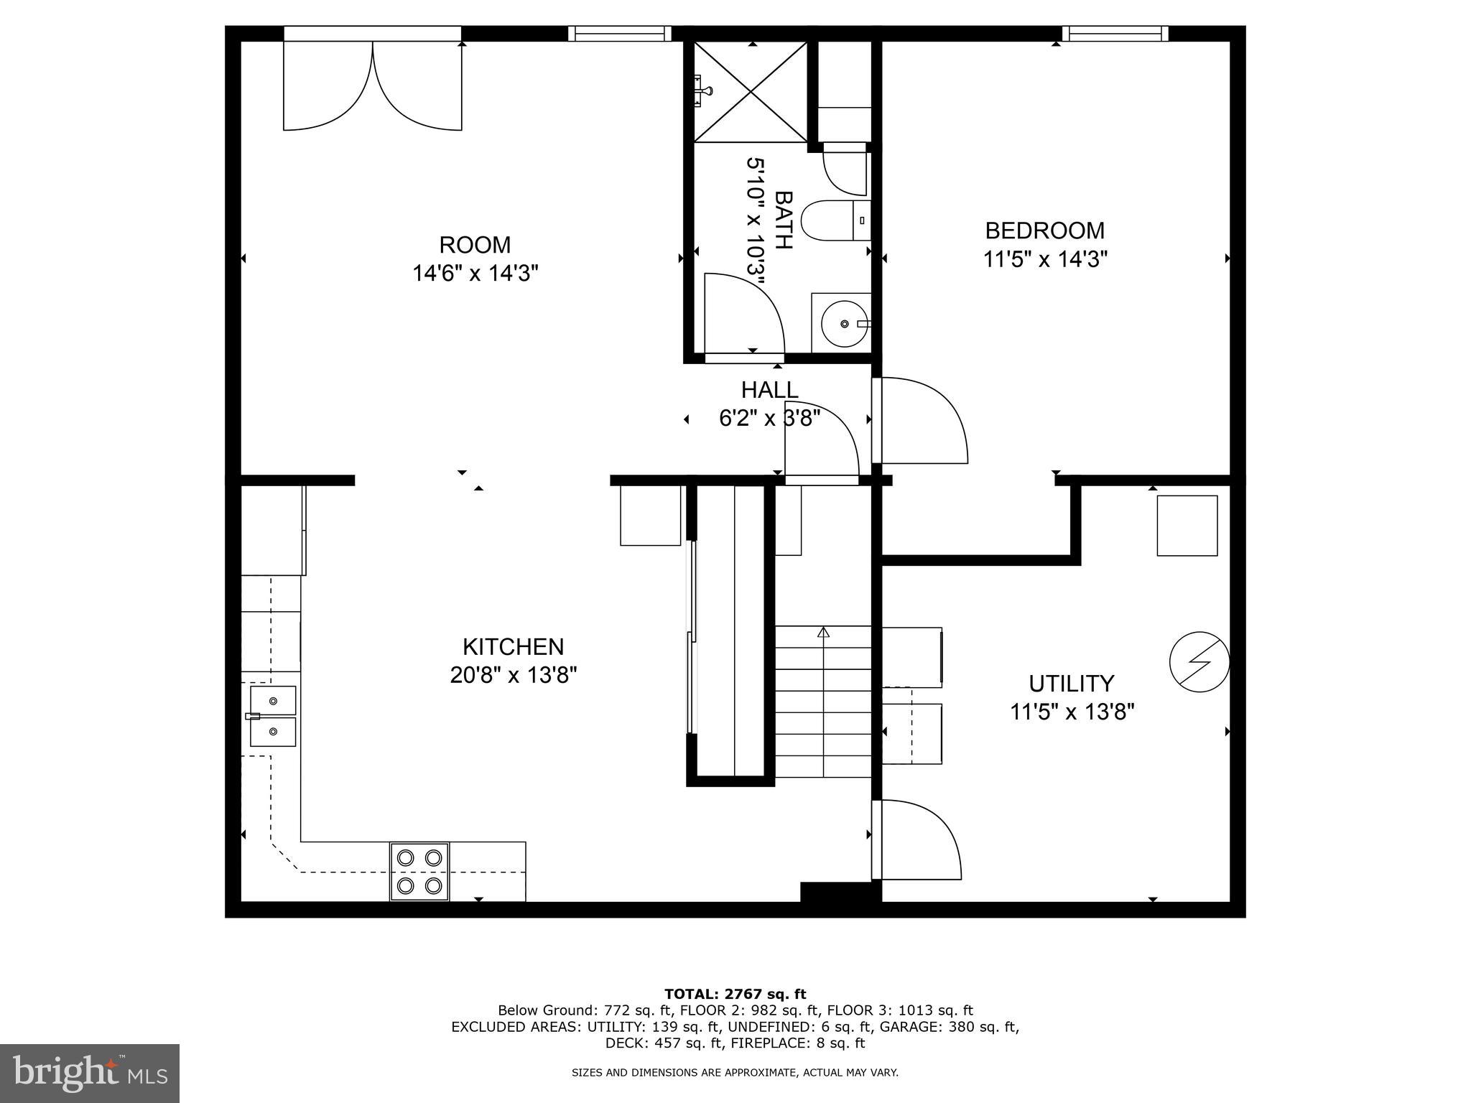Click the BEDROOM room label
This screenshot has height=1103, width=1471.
(1044, 231)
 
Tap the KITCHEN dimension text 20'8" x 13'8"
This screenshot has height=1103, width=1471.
(514, 676)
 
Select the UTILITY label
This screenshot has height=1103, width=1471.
(1071, 683)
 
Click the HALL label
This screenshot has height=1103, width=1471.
(769, 390)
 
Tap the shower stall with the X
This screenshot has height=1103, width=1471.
(750, 91)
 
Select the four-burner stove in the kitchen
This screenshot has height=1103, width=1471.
(419, 871)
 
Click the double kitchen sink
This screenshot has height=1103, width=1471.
(272, 715)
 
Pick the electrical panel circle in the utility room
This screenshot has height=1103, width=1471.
(1199, 662)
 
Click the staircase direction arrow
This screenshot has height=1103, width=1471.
(823, 633)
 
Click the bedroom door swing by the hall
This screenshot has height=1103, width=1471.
(921, 421)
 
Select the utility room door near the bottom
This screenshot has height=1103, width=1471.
(916, 839)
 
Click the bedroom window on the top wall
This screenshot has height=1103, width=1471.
(1115, 34)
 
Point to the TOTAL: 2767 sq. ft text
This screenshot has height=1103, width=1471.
(735, 994)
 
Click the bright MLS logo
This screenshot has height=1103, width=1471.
(89, 1073)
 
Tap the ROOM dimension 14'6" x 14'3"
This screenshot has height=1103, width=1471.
(475, 274)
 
